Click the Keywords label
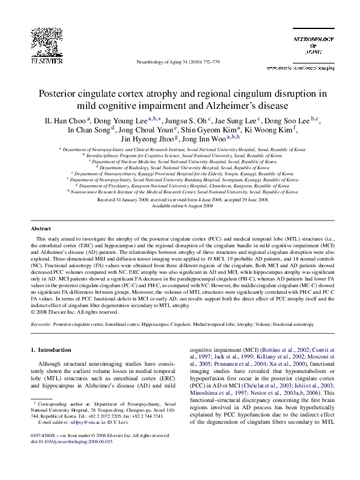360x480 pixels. pyautogui.click(x=41, y=324)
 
